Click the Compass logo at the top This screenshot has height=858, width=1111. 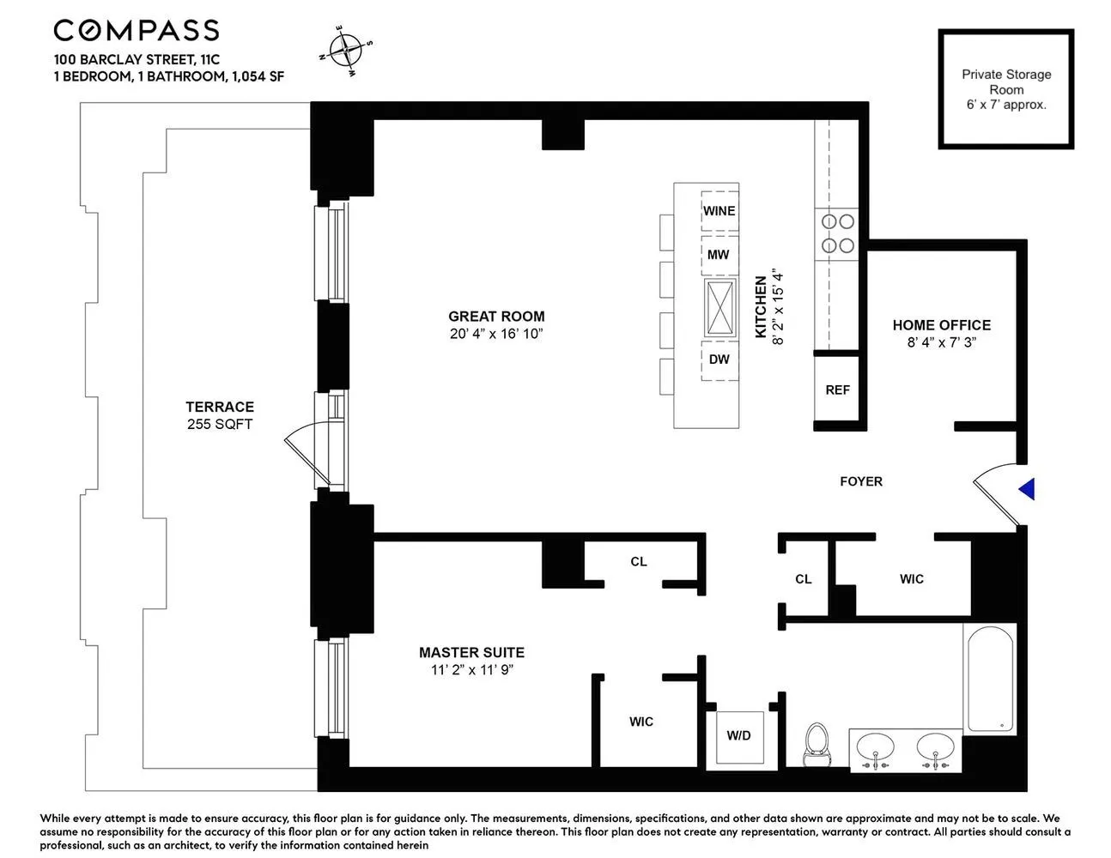click(x=136, y=31)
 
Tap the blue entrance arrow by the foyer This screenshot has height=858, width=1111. click(x=1027, y=489)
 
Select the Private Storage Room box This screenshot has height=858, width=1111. click(x=1005, y=89)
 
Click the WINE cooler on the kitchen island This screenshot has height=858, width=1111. click(x=719, y=211)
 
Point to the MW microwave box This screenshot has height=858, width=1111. click(x=719, y=255)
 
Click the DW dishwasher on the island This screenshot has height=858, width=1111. click(x=719, y=360)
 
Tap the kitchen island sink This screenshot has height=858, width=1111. click(x=719, y=307)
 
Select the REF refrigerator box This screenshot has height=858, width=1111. click(x=837, y=390)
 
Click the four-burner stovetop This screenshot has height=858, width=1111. click(x=838, y=233)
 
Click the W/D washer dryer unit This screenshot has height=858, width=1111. click(x=739, y=735)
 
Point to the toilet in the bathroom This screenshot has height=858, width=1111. click(x=815, y=744)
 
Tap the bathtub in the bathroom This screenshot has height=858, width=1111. click(x=989, y=678)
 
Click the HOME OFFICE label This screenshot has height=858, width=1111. click(x=941, y=325)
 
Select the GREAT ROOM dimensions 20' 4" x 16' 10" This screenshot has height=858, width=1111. click(x=496, y=334)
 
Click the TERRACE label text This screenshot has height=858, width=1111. click(x=220, y=407)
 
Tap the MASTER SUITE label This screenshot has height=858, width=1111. click(x=471, y=653)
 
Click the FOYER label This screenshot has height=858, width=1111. click(x=860, y=481)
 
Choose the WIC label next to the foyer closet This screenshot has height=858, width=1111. click(x=911, y=579)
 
